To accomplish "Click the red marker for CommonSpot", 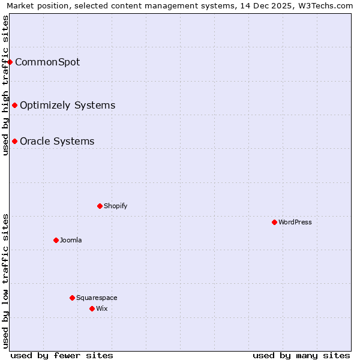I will [10, 62].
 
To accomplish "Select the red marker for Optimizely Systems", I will [14, 106].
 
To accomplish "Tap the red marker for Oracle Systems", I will [14, 142].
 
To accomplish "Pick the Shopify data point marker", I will [100, 206].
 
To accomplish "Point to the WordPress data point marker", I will [274, 222].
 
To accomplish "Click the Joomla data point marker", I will [56, 240].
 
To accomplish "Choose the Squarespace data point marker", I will [72, 298].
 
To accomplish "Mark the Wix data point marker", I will [92, 308].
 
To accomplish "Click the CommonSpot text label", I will [47, 62].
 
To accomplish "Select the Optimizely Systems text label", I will [67, 106].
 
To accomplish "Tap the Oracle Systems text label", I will [57, 142].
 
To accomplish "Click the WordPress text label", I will [295, 222].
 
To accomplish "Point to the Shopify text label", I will [115, 206].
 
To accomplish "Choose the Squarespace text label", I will [97, 298].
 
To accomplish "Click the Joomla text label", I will [71, 240].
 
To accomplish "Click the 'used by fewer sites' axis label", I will [62, 355].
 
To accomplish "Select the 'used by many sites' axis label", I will [301, 355].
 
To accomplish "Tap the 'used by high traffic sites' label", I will [5, 85].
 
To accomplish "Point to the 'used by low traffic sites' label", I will [5, 281].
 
